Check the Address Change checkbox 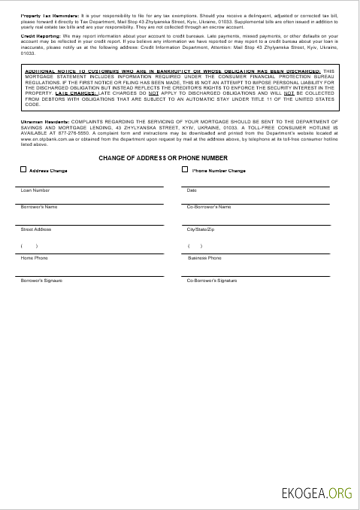tap(23, 170)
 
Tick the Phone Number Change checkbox tap(186, 170)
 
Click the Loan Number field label tap(35, 190)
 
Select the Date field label tap(192, 190)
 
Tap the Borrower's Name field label tap(39, 207)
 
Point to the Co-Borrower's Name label tap(209, 207)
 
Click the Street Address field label tap(36, 229)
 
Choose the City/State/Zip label tap(201, 229)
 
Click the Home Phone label tap(34, 258)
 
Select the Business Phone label tap(204, 258)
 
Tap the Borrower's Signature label tap(41, 281)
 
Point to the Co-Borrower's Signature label tap(212, 281)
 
